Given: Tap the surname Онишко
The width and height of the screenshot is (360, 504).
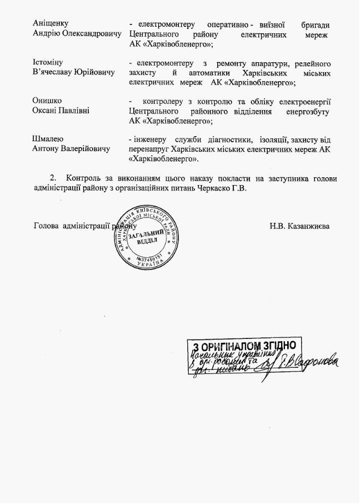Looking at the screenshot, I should pyautogui.click(x=47, y=101).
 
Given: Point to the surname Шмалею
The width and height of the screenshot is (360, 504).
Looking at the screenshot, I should pyautogui.click(x=48, y=139).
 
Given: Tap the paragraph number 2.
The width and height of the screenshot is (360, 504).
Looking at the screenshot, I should pyautogui.click(x=53, y=178).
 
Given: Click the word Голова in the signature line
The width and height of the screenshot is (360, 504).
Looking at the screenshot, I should pyautogui.click(x=47, y=226).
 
